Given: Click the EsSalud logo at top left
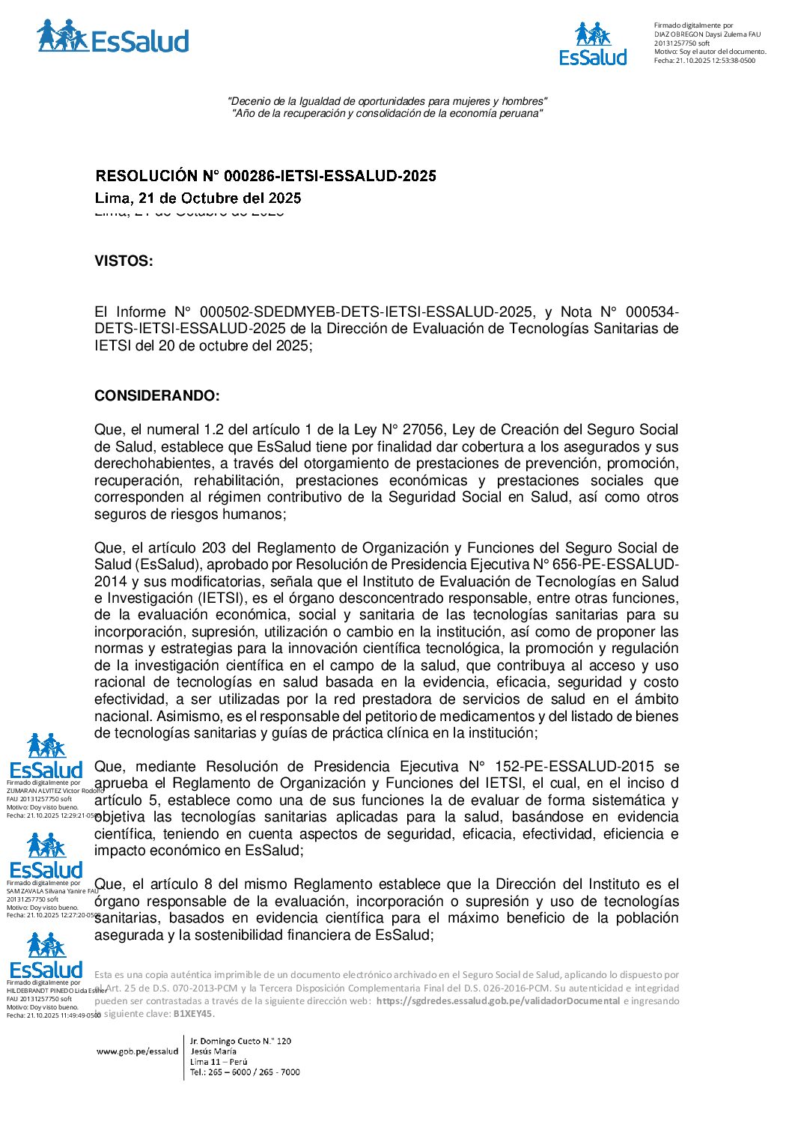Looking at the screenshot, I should (112, 37).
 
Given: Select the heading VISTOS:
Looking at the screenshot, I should (124, 261).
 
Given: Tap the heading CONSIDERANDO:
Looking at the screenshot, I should (157, 396).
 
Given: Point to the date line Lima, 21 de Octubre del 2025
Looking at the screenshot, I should (198, 198).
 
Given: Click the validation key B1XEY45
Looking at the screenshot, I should (193, 1014).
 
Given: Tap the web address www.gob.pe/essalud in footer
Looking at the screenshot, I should (138, 1051).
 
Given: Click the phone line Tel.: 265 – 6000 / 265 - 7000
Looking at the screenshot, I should (245, 1072).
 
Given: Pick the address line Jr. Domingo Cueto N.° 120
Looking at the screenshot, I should (240, 1041).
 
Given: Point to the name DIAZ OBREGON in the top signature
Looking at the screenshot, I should (678, 34).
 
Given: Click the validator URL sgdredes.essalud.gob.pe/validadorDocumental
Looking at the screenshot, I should (498, 1001).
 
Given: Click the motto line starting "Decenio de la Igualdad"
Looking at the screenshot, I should (387, 101).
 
